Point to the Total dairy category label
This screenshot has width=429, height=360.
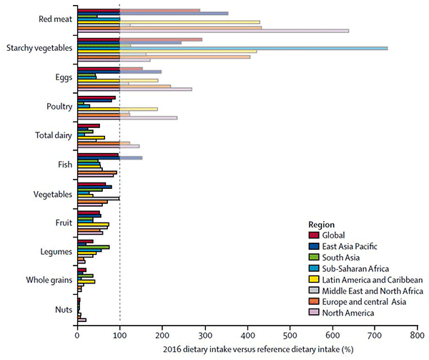click(53, 135)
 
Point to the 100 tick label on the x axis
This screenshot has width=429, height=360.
click(119, 334)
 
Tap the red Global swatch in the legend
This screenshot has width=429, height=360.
click(312, 235)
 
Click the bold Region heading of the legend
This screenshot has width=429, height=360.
click(322, 223)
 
